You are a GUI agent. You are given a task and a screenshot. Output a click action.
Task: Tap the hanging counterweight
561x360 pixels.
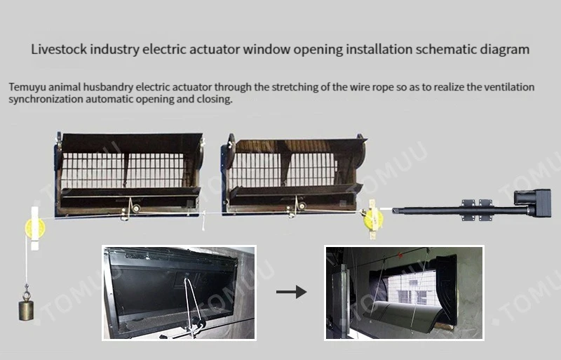pos(27,308)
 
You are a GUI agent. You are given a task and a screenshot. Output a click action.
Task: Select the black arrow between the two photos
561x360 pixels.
pos(291,291)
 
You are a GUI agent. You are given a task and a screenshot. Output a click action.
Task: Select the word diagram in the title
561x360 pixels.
pos(507,50)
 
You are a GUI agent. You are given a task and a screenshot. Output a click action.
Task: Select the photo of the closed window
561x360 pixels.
pos(179,292)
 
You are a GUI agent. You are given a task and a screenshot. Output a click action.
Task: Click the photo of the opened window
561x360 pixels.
pos(405,292)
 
